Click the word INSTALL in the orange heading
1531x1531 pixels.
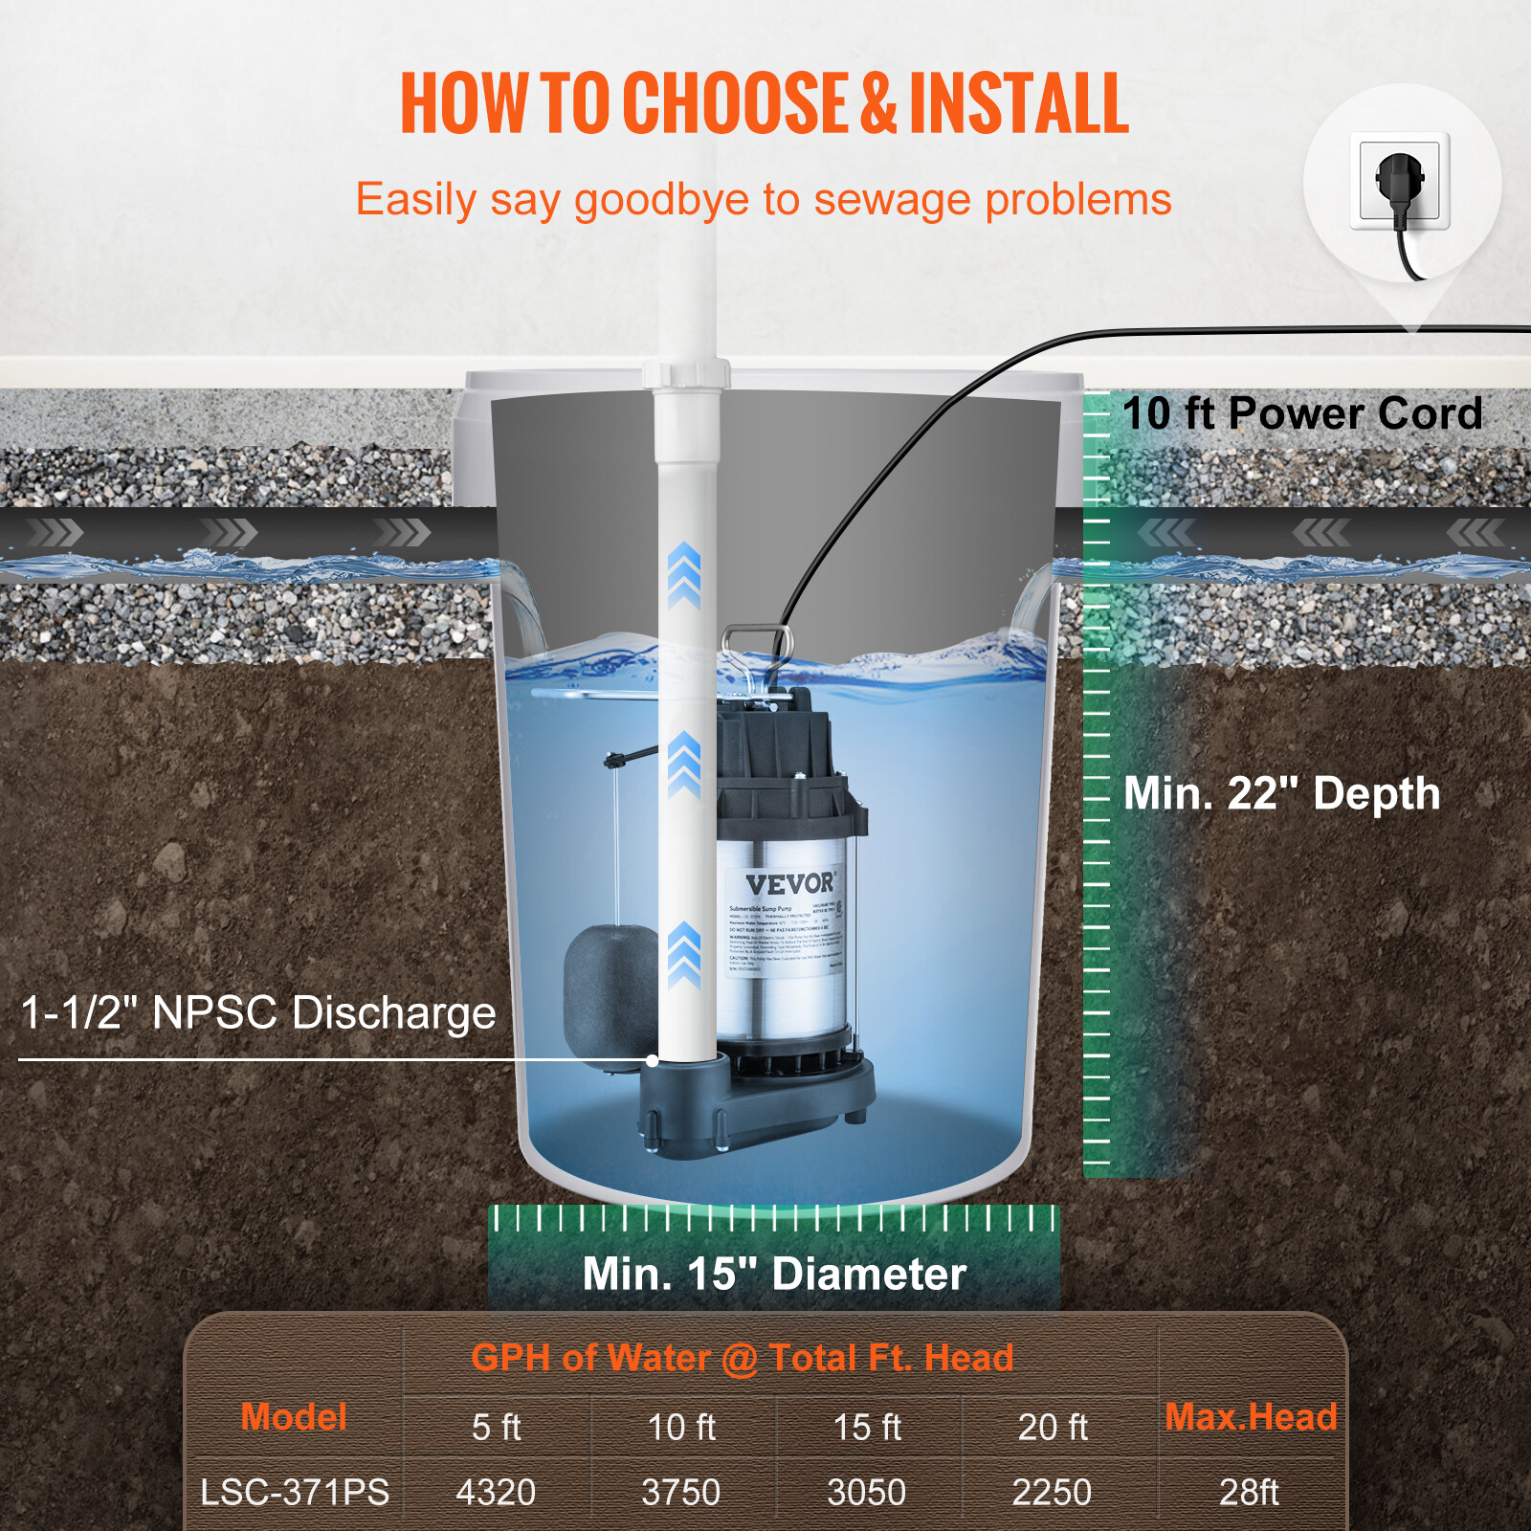click(x=1019, y=102)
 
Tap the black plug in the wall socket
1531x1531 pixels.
click(x=1400, y=182)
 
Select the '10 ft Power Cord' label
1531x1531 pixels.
click(x=1301, y=413)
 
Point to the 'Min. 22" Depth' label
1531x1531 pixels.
click(x=1281, y=793)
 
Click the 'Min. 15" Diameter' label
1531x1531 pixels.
click(x=774, y=1274)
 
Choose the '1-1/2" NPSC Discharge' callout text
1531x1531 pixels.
click(x=258, y=1012)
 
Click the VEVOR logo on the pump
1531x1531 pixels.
click(x=790, y=883)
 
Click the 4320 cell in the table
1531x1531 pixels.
click(x=496, y=1492)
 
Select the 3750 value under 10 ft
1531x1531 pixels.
click(x=680, y=1492)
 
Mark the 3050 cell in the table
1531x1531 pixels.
click(x=866, y=1492)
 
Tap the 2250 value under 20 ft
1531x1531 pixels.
click(x=1052, y=1492)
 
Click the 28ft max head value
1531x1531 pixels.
click(x=1249, y=1492)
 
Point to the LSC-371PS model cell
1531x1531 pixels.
click(x=295, y=1492)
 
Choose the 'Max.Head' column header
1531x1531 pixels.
click(x=1251, y=1417)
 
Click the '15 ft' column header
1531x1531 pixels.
click(x=867, y=1427)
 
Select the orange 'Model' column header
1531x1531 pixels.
click(x=294, y=1417)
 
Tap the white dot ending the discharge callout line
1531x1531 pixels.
click(x=653, y=1060)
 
